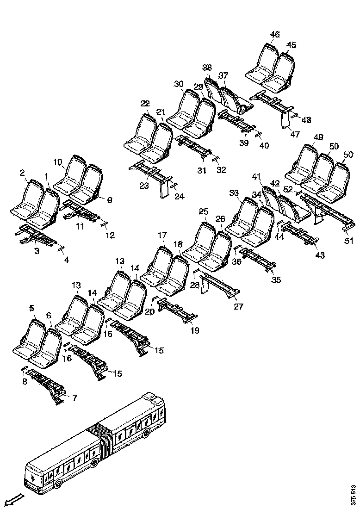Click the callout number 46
(275, 35)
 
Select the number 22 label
(145, 104)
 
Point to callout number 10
(57, 162)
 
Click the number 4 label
(67, 260)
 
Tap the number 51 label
(348, 241)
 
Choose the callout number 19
(194, 330)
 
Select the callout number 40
(264, 146)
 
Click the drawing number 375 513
(354, 494)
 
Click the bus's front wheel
(58, 484)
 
